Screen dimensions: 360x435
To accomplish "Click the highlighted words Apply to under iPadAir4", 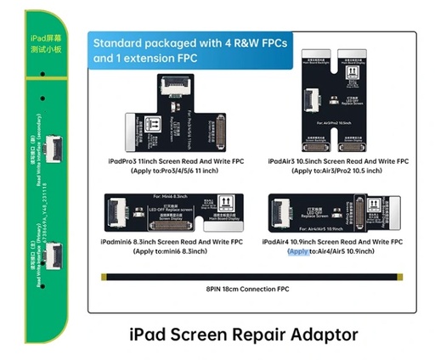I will tap(298, 252).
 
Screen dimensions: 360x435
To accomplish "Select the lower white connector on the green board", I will tap(57, 256).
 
